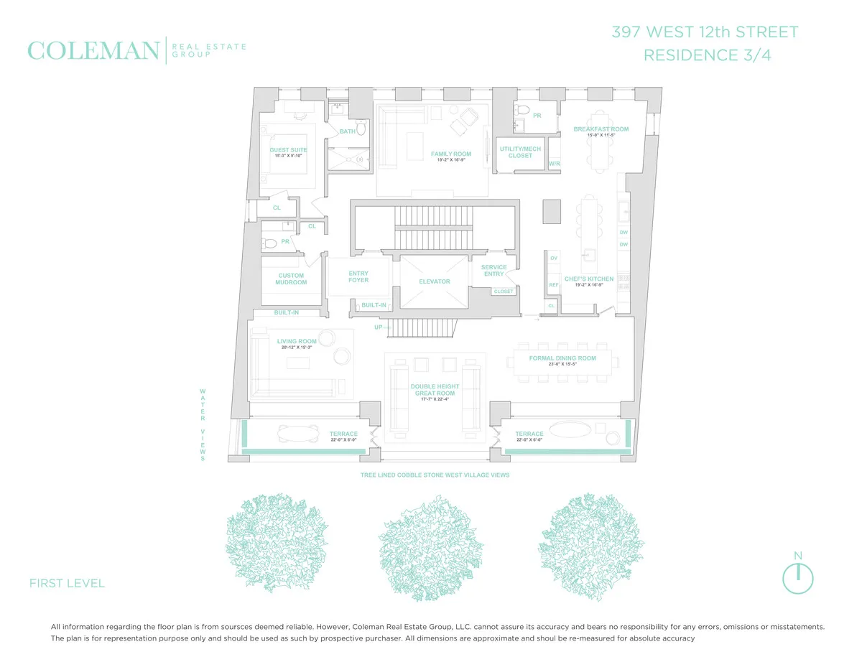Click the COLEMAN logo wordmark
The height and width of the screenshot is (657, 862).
point(93,51)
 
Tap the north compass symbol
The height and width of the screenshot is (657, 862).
point(797,577)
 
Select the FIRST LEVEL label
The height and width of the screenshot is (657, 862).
point(67,583)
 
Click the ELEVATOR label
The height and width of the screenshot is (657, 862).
point(434,281)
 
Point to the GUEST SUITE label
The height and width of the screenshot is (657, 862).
point(288,150)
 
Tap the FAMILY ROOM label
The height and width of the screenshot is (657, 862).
point(450,154)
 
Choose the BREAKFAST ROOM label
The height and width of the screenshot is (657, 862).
point(601,129)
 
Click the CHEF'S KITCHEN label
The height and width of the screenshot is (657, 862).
point(589,279)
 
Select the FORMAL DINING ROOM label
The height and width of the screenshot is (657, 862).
point(562,358)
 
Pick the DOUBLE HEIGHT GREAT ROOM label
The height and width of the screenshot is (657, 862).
point(435,390)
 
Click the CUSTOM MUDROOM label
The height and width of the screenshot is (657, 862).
point(291,279)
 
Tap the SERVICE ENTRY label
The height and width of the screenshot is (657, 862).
point(493,270)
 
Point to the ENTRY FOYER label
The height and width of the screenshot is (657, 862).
point(358,276)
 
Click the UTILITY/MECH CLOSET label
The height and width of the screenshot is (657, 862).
point(520,152)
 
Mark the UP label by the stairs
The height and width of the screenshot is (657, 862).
point(378,327)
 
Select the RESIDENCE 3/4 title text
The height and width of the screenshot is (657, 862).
point(707,55)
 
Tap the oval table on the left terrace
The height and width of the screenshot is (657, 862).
point(298,434)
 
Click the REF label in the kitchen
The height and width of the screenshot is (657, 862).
point(553,285)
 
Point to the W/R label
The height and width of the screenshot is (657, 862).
point(554,164)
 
